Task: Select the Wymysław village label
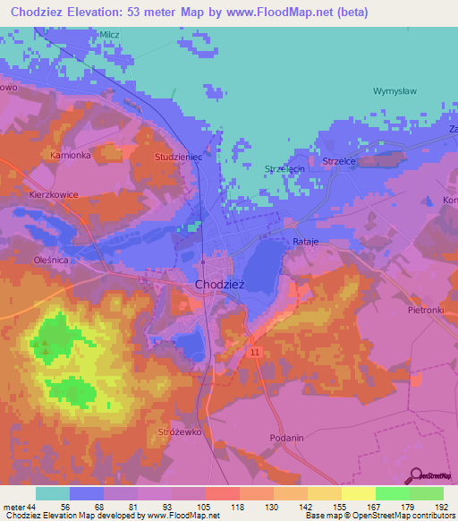(x=395, y=91)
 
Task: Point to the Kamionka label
(x=71, y=155)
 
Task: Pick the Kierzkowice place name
(x=55, y=193)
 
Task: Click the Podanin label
(x=286, y=437)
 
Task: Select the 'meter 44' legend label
(x=20, y=506)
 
